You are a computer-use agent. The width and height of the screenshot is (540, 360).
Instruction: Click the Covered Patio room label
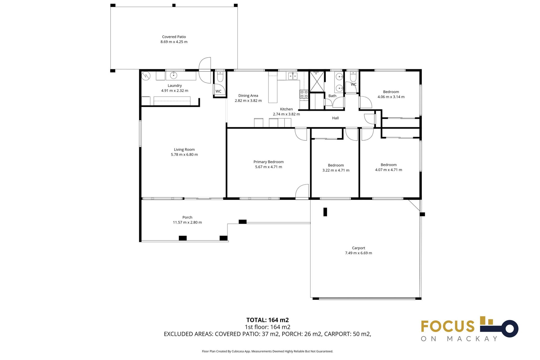point(174,37)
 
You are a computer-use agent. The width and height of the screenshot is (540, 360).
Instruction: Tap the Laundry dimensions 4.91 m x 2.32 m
point(175,91)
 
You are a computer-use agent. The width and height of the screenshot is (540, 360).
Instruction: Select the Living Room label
point(184,150)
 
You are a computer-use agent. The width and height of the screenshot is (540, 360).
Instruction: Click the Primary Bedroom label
point(268,162)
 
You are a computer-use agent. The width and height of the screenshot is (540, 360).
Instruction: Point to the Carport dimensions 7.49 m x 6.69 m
point(358,253)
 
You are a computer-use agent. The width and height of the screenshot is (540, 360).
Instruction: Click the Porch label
point(187,217)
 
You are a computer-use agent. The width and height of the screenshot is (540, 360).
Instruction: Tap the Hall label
point(335,118)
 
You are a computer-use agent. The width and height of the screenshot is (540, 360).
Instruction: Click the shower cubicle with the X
point(317,82)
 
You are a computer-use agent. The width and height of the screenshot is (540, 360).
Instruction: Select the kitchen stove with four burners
point(304,94)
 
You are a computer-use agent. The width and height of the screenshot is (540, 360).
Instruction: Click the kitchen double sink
point(292,76)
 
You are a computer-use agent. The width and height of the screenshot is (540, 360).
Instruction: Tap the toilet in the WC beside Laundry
point(220,76)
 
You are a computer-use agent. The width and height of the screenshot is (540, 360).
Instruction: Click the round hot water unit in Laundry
point(146,76)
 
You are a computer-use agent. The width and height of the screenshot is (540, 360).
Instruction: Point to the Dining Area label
point(248,96)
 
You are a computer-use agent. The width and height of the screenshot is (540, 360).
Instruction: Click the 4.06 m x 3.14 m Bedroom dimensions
point(391,97)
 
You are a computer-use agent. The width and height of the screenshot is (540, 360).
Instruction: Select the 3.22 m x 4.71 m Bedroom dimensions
point(336,170)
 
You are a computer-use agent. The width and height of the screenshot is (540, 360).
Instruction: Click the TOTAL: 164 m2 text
point(267,320)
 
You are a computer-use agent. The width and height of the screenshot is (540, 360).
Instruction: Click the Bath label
point(332,96)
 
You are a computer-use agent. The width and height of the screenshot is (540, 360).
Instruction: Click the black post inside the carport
point(325,212)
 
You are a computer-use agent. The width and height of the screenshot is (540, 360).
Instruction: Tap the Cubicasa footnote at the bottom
point(267,351)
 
